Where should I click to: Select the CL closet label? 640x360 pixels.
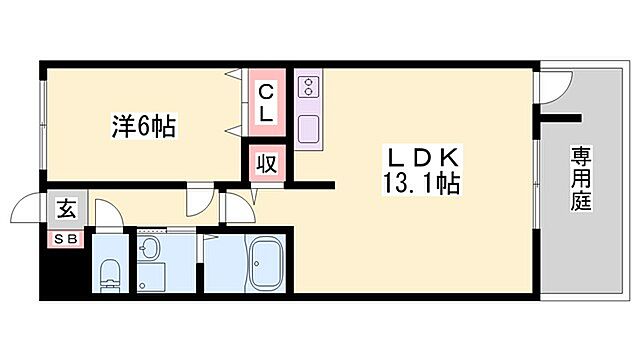point(266,103)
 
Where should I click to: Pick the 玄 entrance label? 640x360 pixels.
point(66,209)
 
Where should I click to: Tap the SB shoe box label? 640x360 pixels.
point(65,239)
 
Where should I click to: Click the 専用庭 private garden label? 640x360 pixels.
point(581,180)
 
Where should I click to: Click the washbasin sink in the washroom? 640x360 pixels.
point(152,250)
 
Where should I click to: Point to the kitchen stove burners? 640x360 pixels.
point(309,88)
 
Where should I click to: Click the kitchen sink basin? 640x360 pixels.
point(309,127)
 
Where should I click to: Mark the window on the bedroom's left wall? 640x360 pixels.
point(44,121)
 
